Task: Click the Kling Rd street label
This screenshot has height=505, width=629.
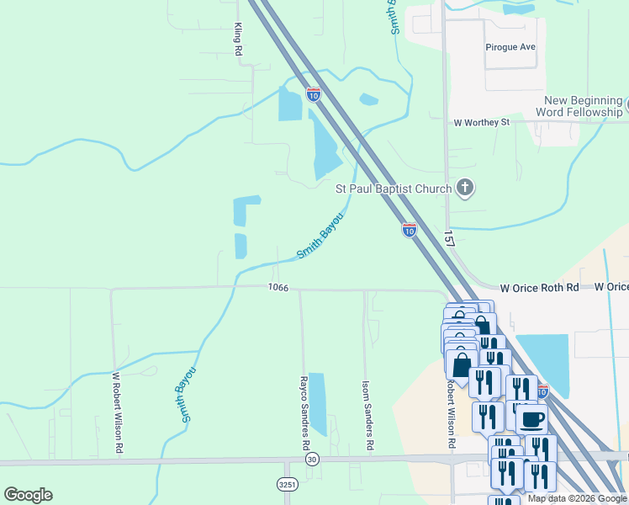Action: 239,40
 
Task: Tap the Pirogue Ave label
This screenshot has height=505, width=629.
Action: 510,47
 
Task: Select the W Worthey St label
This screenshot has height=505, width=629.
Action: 482,122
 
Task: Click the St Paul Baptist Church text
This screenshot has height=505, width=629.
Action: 394,189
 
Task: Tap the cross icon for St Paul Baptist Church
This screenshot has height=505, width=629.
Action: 465,189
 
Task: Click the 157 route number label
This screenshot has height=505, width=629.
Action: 449,239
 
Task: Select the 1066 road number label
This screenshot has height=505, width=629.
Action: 279,288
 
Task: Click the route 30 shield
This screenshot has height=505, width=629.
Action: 312,459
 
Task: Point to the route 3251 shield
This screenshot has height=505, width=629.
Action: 287,485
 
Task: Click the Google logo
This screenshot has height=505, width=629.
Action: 28,495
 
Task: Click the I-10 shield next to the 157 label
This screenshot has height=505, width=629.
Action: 409,229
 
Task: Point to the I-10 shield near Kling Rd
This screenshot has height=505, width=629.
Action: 313,94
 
